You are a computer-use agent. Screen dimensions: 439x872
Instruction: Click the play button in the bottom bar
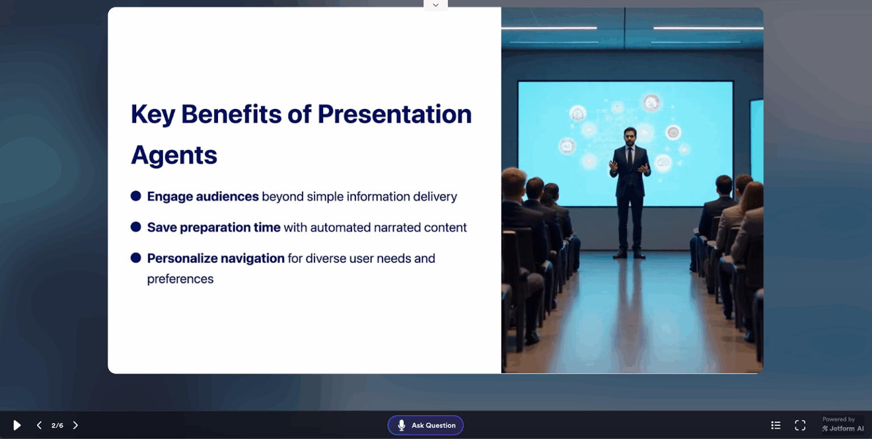(x=17, y=425)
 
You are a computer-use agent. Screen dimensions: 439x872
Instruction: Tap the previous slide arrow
(x=39, y=425)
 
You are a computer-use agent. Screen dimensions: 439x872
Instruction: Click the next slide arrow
(x=76, y=425)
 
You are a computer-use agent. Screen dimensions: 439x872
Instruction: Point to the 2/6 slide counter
(x=57, y=425)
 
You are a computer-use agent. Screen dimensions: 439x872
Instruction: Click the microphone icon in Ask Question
(x=401, y=425)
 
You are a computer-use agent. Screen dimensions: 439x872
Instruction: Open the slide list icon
(x=775, y=425)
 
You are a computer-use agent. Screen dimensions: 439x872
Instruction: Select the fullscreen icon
(x=800, y=425)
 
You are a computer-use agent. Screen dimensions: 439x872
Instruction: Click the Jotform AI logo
(x=843, y=429)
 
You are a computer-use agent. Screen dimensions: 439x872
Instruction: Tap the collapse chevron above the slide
(x=435, y=5)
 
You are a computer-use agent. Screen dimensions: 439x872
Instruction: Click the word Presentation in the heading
(x=395, y=115)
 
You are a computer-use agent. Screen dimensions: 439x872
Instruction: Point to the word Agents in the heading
(x=174, y=155)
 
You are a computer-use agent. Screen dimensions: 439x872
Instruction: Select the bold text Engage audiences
(x=203, y=197)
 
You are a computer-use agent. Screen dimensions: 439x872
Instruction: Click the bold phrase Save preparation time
(x=213, y=227)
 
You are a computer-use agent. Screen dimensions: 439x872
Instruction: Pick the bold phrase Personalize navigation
(x=216, y=259)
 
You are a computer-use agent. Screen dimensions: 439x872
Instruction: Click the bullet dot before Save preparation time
(x=136, y=227)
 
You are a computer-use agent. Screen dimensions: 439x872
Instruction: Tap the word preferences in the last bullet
(x=180, y=279)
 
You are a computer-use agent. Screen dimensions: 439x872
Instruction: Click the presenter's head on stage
(x=630, y=135)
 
